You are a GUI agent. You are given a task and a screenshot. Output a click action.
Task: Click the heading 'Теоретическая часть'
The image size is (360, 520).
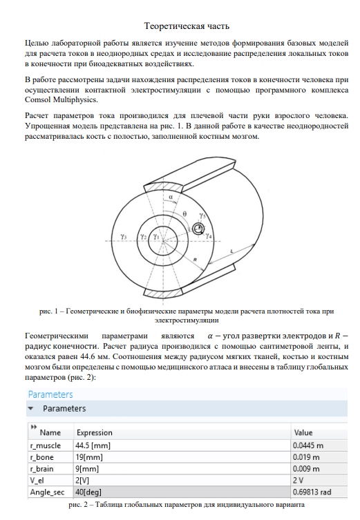tap(187, 26)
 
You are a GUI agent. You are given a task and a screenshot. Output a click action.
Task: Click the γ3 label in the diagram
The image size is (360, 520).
tap(124, 236)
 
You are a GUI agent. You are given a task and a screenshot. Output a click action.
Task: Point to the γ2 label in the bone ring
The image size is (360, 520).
tap(143, 237)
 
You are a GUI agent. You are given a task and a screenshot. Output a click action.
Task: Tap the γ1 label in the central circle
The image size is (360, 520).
tap(156, 236)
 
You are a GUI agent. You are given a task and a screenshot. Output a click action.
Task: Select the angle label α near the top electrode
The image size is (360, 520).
tap(171, 197)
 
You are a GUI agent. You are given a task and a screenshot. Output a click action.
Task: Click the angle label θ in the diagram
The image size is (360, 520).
tap(184, 214)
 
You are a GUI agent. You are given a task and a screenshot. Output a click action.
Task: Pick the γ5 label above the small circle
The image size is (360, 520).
tap(202, 216)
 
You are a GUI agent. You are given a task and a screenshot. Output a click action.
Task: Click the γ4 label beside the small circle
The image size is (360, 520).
tap(209, 236)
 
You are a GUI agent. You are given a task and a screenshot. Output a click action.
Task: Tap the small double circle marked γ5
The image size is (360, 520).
tap(198, 229)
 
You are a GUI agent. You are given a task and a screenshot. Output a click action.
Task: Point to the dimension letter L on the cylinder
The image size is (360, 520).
tap(231, 251)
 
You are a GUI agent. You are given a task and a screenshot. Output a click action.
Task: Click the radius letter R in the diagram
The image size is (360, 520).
tap(195, 260)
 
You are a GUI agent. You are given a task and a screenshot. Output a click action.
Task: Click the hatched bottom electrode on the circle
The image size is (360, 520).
tap(163, 293)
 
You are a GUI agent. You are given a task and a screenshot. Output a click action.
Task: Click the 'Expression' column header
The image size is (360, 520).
tap(95, 432)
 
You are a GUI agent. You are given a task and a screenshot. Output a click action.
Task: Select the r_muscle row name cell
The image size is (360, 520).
tap(46, 445)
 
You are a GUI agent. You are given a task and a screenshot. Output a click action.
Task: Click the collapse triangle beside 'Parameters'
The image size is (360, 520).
tap(31, 408)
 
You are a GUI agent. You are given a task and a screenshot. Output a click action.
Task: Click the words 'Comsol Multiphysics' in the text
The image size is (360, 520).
tap(61, 99)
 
